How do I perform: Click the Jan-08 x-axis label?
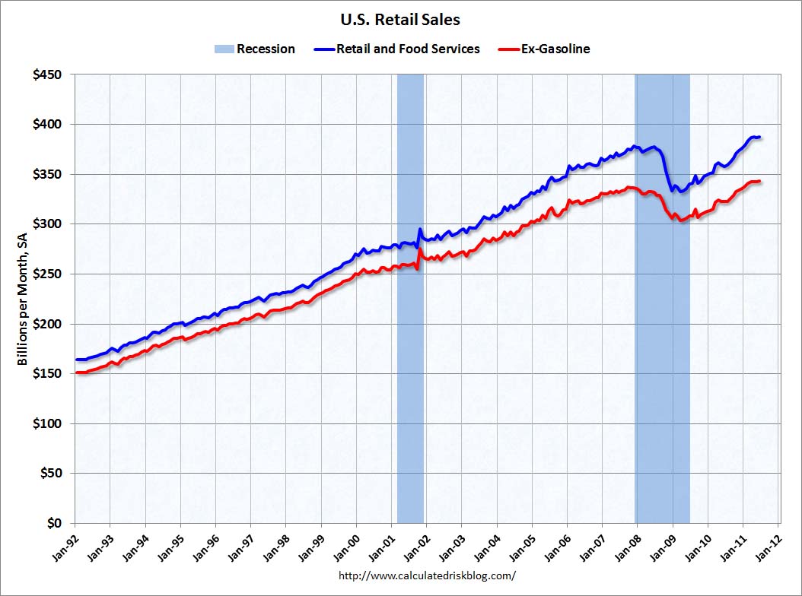[x=625, y=544]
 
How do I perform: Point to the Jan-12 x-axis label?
[x=765, y=544]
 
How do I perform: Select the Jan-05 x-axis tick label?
[x=520, y=544]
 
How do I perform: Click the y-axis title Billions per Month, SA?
[x=23, y=299]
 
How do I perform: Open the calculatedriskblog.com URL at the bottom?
[x=427, y=575]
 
